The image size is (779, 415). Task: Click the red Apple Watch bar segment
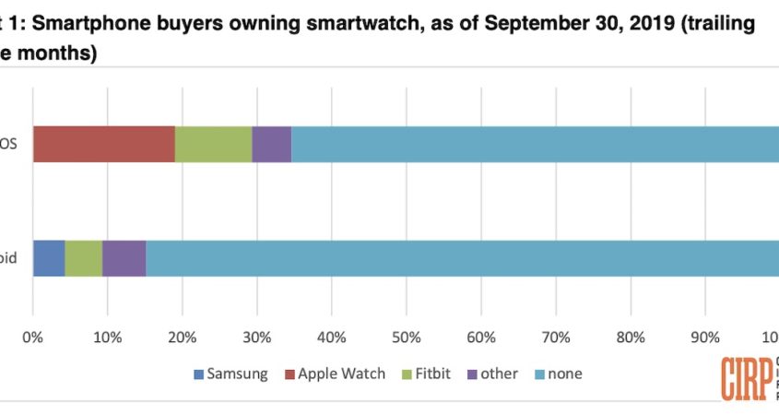104,145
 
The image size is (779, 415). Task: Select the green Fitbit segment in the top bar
213,145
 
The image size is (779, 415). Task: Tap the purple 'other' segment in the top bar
271,145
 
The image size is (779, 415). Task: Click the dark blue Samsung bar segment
49,258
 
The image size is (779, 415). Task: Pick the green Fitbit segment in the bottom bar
83,258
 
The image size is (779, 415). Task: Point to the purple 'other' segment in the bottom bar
124,258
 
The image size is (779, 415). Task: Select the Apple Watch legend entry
336,373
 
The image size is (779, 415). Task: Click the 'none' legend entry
562,373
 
